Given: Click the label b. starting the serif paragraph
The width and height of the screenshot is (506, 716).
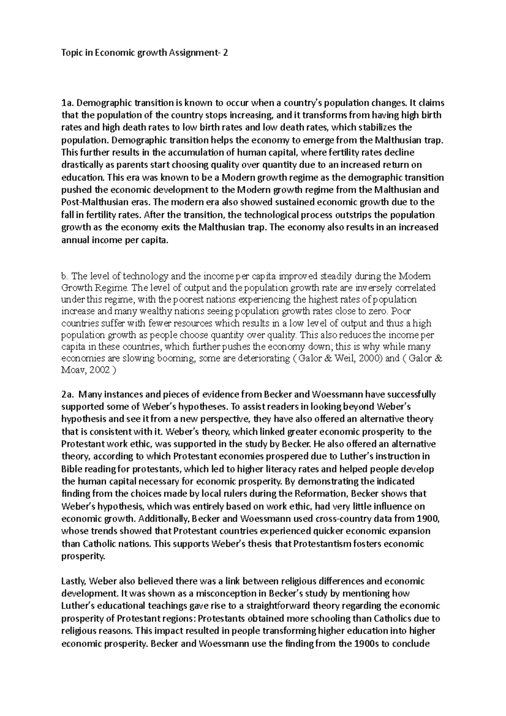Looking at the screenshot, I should point(64,277).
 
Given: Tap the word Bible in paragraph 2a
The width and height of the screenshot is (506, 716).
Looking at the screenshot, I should point(70,469).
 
